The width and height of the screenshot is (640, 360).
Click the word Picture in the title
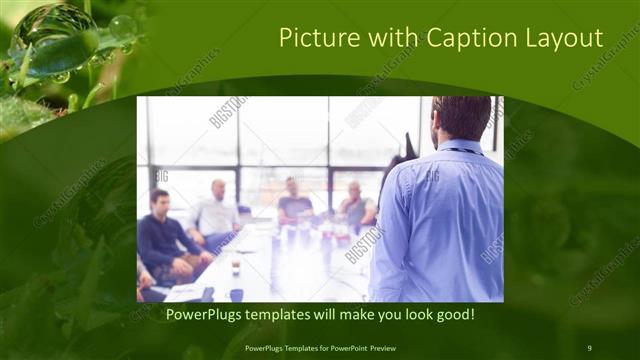click(x=315, y=39)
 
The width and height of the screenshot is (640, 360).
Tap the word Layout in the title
click(x=568, y=39)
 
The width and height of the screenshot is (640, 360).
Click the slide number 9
click(x=589, y=347)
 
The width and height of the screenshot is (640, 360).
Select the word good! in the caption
click(x=453, y=315)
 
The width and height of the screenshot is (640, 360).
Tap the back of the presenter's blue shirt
click(x=440, y=220)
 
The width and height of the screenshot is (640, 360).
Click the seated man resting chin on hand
click(x=356, y=205)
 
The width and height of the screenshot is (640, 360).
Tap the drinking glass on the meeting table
click(x=234, y=265)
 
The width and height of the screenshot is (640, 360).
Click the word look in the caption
click(x=410, y=315)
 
